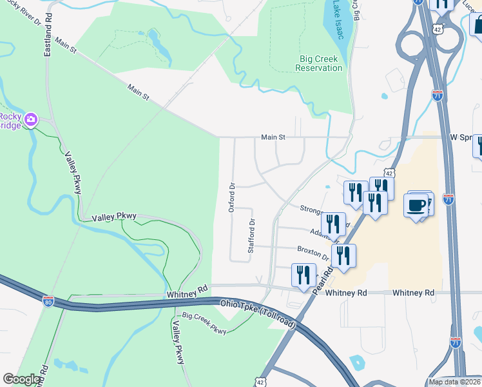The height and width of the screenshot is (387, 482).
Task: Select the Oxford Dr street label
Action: pyautogui.click(x=232, y=194)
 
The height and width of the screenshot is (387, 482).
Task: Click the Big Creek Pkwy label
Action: pyautogui.click(x=204, y=324)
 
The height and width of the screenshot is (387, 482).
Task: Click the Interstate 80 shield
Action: pyautogui.click(x=48, y=301)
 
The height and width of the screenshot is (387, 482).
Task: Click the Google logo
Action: pyautogui.click(x=22, y=379)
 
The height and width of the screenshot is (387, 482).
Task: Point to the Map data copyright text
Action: pyautogui.click(x=454, y=382)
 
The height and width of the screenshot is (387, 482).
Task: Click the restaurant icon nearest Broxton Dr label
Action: pyautogui.click(x=343, y=255)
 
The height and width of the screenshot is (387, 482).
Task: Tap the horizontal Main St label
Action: pyautogui.click(x=273, y=137)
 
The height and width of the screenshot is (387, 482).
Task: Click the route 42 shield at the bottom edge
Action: pyautogui.click(x=260, y=382)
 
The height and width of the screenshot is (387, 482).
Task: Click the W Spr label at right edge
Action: pyautogui.click(x=461, y=137)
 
